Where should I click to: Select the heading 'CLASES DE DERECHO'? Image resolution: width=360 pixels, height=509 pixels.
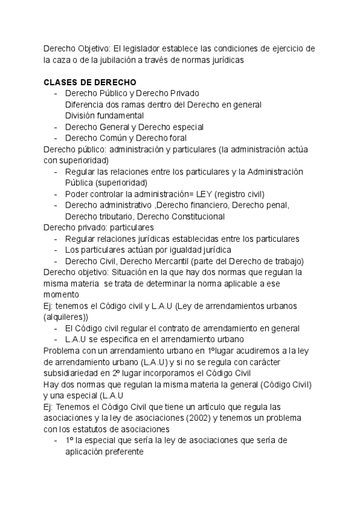click(x=90, y=82)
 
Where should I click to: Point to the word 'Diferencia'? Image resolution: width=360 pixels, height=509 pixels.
click(x=85, y=104)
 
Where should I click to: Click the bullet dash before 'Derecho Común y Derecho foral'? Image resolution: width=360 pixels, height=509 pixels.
click(x=56, y=138)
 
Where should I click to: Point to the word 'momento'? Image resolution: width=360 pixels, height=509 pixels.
click(x=61, y=294)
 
